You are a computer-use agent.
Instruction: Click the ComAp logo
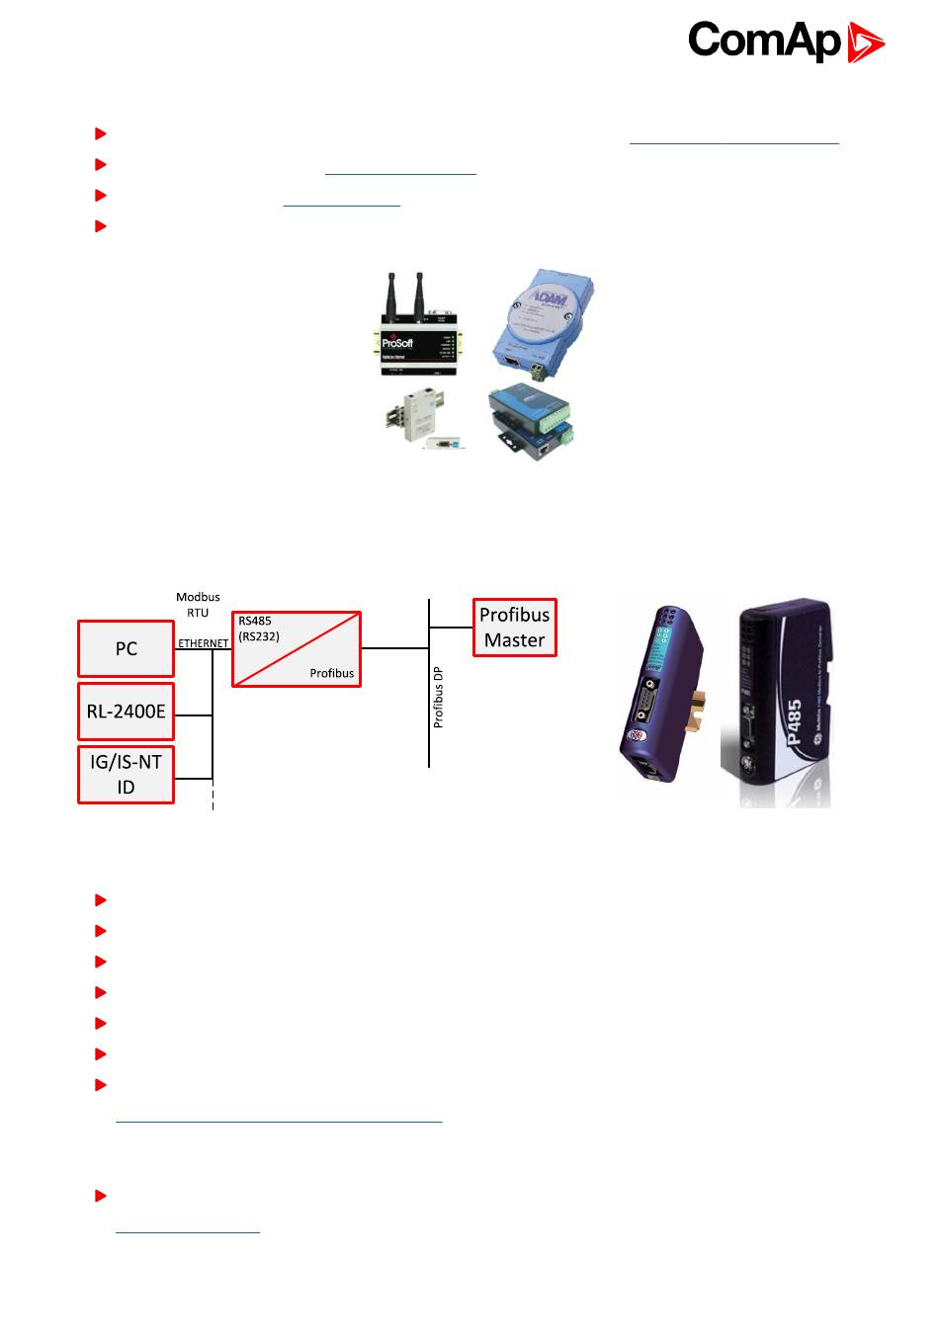[x=786, y=42]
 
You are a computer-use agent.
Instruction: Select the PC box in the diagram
[x=127, y=649]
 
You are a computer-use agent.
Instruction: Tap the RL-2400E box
[x=127, y=711]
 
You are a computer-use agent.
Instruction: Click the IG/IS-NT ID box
[x=127, y=775]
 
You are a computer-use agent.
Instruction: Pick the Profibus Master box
[x=514, y=628]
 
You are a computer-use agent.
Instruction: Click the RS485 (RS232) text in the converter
[x=260, y=629]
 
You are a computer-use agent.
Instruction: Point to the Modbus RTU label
[x=198, y=605]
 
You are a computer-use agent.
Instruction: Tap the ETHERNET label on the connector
[x=203, y=643]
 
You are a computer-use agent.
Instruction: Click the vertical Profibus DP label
[x=439, y=697]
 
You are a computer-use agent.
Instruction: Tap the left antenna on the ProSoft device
[x=395, y=293]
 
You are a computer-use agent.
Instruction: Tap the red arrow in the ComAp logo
[x=865, y=43]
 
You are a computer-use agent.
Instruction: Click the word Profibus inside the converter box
[x=331, y=673]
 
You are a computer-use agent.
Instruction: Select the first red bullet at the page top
[x=100, y=132]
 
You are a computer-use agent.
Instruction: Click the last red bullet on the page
[x=100, y=1196]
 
